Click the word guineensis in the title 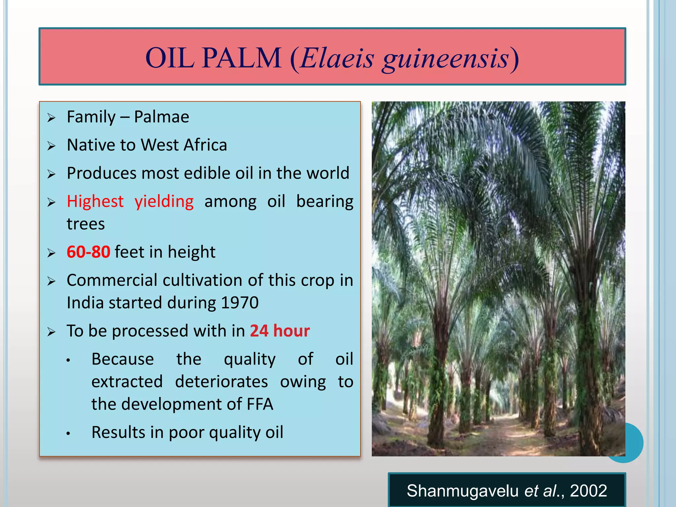pos(446,59)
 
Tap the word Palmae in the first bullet pos(161,117)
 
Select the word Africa pos(205,145)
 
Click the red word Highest pos(95,201)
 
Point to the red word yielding pos(164,202)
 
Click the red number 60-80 pos(88,252)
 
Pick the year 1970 pos(240,303)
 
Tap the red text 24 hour pos(280,331)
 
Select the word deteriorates pos(221,382)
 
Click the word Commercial pos(112,280)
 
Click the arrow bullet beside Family pos(51,118)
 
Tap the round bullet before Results pos(68,433)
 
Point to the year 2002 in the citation pos(588,491)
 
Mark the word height pos(191,252)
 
